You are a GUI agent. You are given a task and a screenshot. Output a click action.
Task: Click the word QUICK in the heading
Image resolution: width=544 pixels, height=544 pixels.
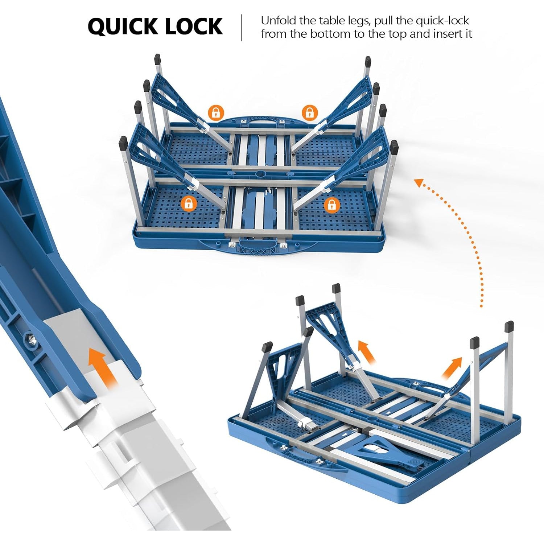point(122,26)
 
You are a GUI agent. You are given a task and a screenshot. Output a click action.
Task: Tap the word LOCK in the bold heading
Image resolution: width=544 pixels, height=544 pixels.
point(193,26)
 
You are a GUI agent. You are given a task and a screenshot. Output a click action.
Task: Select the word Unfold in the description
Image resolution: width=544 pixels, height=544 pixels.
point(279,20)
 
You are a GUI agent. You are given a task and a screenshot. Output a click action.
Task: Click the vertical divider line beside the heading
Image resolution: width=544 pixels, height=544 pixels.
point(242,28)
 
